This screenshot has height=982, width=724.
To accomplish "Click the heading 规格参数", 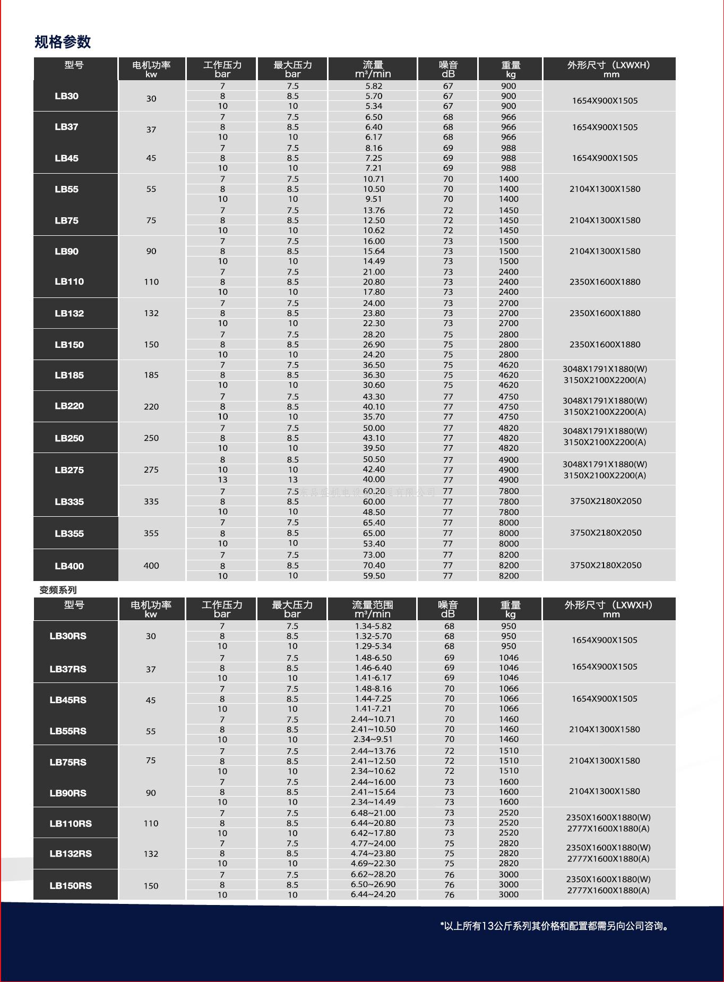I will (x=63, y=41).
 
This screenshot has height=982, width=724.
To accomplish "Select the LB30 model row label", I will (x=66, y=96).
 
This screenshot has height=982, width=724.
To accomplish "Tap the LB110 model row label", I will (x=69, y=281).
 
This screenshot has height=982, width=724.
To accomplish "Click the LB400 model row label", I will (x=69, y=566).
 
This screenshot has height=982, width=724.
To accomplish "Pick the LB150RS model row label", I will (x=71, y=885).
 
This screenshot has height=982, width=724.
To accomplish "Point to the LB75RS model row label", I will (x=68, y=762).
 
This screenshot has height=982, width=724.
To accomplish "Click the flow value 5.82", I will (x=374, y=86).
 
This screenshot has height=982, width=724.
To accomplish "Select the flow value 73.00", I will (x=374, y=555).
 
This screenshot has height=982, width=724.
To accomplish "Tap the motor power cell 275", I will (x=151, y=469).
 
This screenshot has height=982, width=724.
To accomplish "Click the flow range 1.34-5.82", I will (x=373, y=626).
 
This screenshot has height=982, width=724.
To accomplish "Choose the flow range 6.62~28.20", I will (x=373, y=874).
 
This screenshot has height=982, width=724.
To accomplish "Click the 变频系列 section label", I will (x=58, y=590).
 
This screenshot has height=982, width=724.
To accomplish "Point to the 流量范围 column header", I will (x=373, y=609).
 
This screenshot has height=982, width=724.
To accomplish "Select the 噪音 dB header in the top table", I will (x=448, y=69).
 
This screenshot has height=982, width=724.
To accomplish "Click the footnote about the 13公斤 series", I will (x=555, y=926).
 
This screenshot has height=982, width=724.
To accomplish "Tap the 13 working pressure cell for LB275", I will (x=222, y=480).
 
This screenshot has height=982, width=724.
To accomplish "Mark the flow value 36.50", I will (x=374, y=365).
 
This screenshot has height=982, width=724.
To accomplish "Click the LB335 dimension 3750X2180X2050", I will (x=606, y=501).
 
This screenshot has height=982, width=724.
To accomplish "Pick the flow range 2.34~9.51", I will (x=373, y=739).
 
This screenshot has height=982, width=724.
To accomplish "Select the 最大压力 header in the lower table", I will (x=292, y=609).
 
